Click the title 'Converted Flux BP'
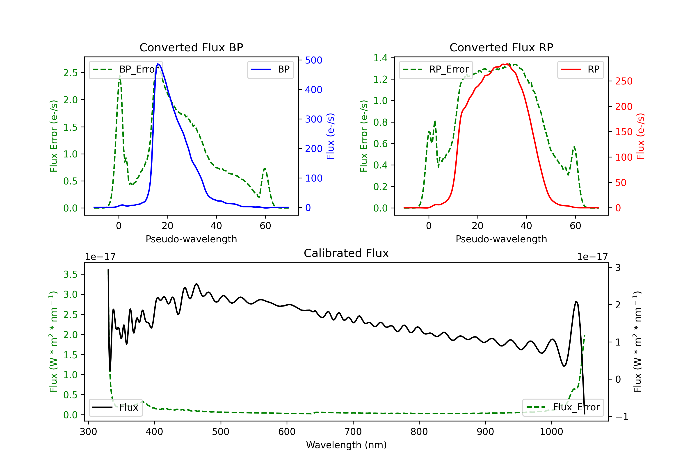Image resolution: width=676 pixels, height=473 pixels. tap(191, 47)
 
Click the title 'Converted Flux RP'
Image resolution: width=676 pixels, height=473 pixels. tap(501, 47)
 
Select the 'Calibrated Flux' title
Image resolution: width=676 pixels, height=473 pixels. tap(346, 253)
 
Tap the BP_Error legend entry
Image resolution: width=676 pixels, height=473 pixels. tap(126, 69)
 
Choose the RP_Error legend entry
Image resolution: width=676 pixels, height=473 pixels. tap(436, 69)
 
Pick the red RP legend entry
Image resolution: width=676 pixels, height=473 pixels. tap(580, 69)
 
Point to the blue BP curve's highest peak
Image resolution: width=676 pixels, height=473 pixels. tap(158, 64)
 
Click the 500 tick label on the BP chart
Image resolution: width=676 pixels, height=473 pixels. tap(314, 60)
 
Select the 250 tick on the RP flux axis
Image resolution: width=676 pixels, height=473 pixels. tap(623, 81)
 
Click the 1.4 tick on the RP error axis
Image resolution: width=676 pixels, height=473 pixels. tap(380, 58)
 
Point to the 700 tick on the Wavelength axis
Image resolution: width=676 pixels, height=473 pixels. tap(353, 432)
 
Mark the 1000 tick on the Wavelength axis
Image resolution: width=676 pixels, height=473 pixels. tap(551, 432)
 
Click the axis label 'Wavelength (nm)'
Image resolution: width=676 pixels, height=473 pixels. tap(346, 445)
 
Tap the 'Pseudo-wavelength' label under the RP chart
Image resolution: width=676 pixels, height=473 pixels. tap(501, 239)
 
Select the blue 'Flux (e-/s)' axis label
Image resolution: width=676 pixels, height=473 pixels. tap(331, 136)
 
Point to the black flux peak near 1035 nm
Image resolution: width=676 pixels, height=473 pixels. tap(576, 302)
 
